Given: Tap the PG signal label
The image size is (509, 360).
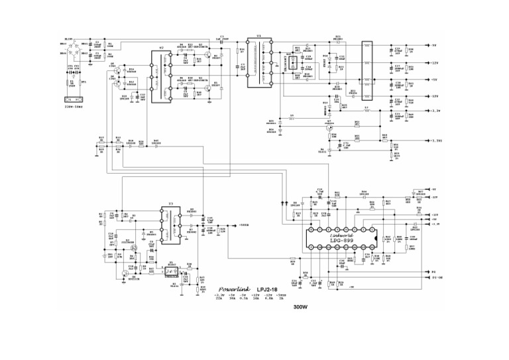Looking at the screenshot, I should pyautogui.click(x=434, y=272).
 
